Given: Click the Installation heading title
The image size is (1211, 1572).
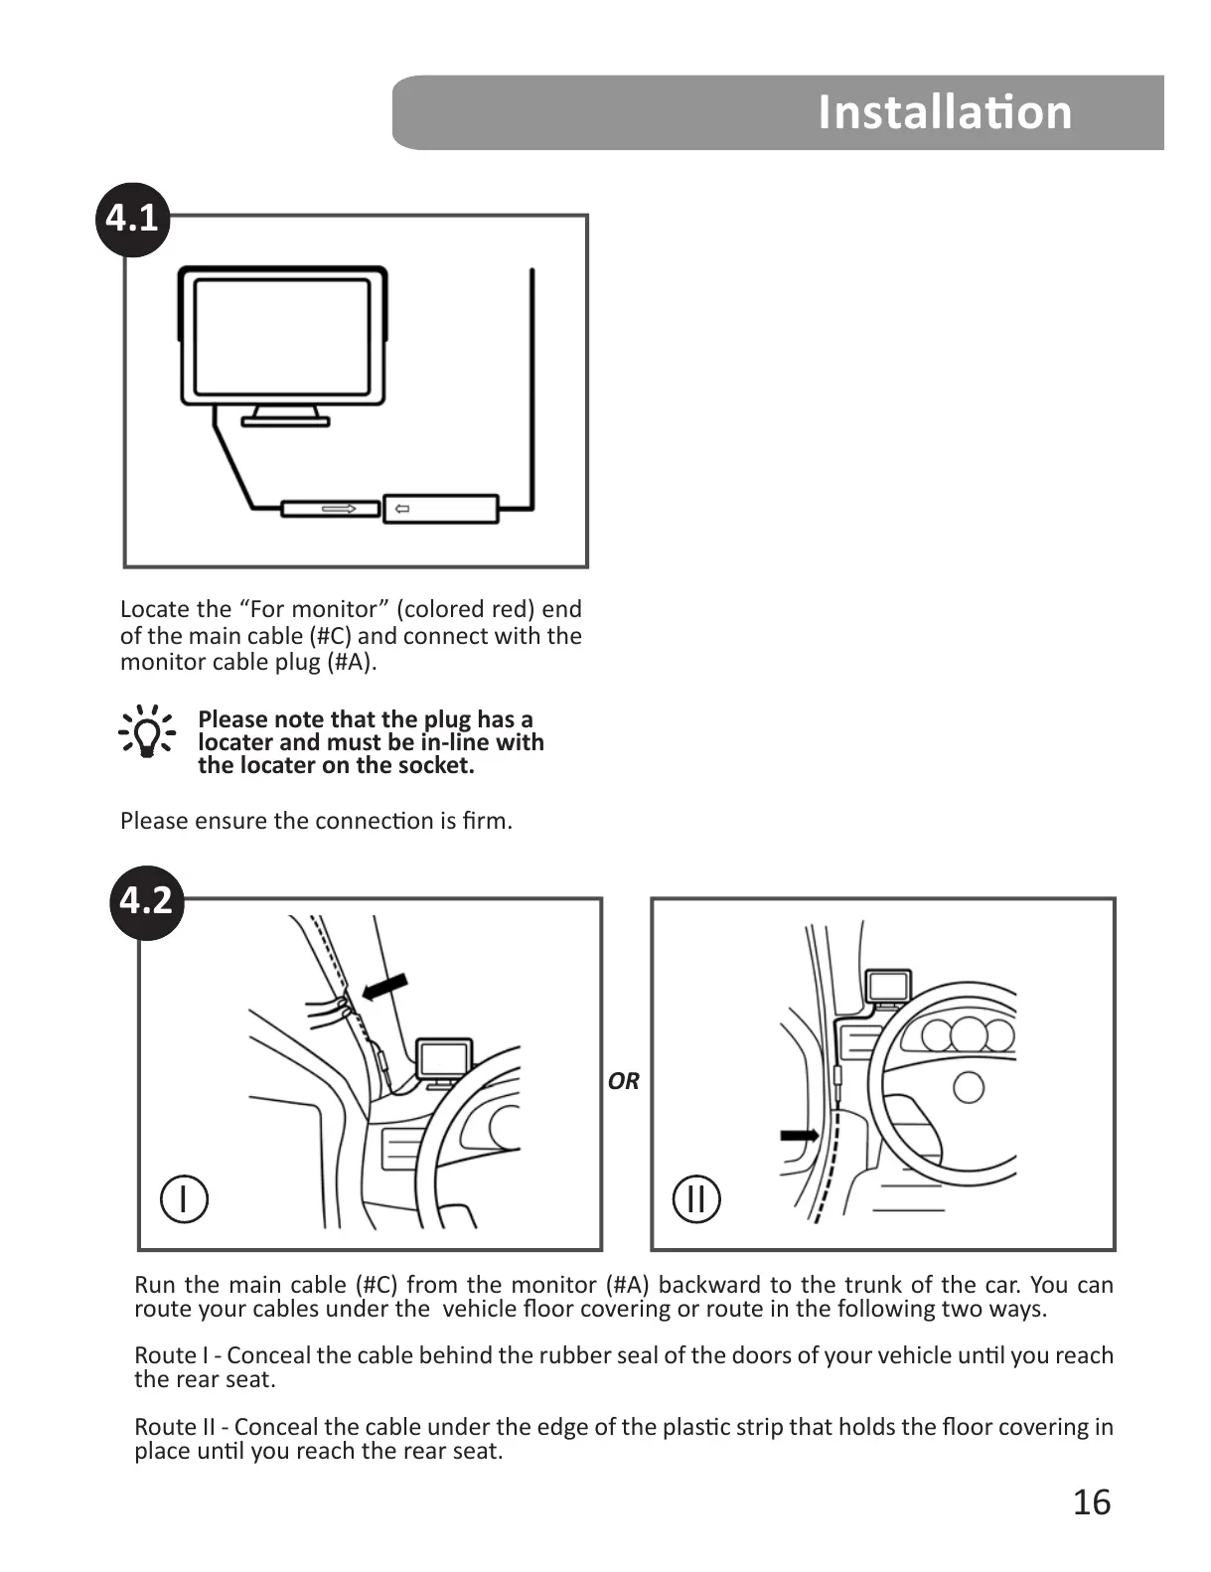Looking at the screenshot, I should coord(944,112).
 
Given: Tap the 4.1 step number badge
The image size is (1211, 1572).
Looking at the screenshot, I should coord(133,218).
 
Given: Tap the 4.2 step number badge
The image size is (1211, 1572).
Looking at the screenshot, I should coord(146,901).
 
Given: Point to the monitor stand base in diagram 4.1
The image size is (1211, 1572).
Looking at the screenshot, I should coord(285,421).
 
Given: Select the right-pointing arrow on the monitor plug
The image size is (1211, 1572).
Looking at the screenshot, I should coord(339,510).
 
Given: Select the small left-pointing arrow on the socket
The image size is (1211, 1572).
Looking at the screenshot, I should coord(401,510).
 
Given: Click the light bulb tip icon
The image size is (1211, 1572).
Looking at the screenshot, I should coord(146,731).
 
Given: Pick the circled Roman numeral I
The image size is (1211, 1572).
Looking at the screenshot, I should coord(184,1198).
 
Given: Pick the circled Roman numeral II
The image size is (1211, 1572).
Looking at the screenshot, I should coord(696,1198).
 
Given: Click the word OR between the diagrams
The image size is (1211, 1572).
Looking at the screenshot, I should coord(624,1081).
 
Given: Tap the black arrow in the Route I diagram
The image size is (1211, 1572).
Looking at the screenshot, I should coord(386,986).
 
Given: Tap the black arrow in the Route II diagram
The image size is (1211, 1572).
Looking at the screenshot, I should coord(799,1135).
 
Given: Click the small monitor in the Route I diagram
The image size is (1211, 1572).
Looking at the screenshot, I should coord(443,1059).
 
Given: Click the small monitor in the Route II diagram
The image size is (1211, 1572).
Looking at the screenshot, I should coord(888,986).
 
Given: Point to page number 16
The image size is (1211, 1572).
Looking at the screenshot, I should coord(1091,1502).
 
